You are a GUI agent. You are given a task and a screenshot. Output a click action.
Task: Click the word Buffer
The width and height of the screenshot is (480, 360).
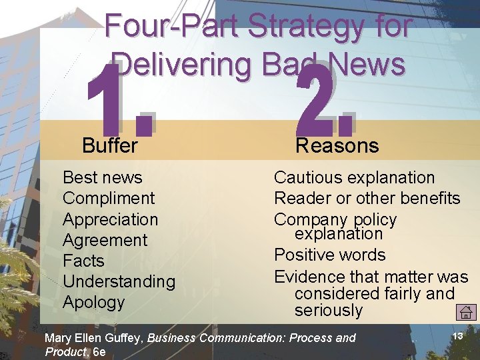click(x=110, y=145)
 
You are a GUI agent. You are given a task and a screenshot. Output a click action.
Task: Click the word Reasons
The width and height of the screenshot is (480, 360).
click(x=337, y=145)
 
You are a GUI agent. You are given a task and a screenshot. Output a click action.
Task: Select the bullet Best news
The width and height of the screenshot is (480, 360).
click(x=102, y=177)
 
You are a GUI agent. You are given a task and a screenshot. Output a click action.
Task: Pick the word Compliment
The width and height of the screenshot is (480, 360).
click(x=109, y=198)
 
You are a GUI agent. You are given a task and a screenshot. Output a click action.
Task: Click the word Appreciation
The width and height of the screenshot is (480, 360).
click(x=110, y=219)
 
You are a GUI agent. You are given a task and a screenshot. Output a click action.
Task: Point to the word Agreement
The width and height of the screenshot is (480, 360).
click(x=105, y=240)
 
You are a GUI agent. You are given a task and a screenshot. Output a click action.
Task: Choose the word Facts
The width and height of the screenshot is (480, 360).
click(x=83, y=261)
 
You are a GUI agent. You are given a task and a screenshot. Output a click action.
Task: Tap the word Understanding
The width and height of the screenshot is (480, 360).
click(x=119, y=281)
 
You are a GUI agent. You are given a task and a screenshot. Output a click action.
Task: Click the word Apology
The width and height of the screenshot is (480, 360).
click(x=93, y=302)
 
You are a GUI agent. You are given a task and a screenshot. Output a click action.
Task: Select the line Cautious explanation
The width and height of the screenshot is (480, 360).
click(x=354, y=177)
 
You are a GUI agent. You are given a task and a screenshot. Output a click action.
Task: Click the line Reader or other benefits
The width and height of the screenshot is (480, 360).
click(x=367, y=198)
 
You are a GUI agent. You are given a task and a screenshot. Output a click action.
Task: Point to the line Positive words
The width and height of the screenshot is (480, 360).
click(x=329, y=255)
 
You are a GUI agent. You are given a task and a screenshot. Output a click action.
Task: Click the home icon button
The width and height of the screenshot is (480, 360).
click(x=466, y=311)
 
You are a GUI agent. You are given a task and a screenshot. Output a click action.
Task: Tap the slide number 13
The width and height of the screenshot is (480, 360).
click(x=457, y=336)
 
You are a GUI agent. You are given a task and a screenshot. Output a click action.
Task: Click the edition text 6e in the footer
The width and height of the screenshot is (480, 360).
click(x=99, y=351)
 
